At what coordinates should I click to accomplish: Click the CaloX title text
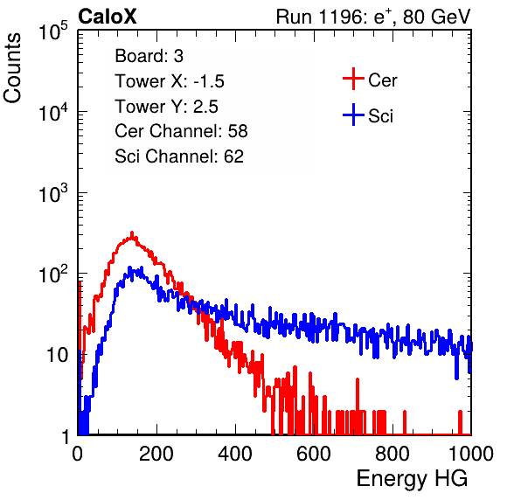[107, 16]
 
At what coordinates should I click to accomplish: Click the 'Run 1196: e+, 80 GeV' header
[373, 17]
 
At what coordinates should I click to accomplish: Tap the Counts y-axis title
[12, 68]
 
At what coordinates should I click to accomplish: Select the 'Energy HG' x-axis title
[412, 479]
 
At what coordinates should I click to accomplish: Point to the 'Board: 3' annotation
[149, 56]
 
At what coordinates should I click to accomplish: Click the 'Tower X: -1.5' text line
[170, 81]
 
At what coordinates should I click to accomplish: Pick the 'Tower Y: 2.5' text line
[166, 107]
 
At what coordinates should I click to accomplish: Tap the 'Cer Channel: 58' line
[181, 131]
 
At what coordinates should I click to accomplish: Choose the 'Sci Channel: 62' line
[179, 156]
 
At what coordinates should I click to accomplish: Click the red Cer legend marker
[353, 79]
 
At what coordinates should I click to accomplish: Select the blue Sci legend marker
[353, 115]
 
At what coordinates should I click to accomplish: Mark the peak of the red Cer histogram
[132, 233]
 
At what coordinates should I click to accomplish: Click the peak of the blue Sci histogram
[130, 267]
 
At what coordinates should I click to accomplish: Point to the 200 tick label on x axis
[156, 454]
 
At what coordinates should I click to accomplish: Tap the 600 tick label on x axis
[314, 454]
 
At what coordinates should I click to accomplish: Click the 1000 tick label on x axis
[471, 454]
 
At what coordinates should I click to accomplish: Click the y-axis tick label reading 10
[58, 355]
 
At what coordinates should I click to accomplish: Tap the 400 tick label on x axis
[235, 454]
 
